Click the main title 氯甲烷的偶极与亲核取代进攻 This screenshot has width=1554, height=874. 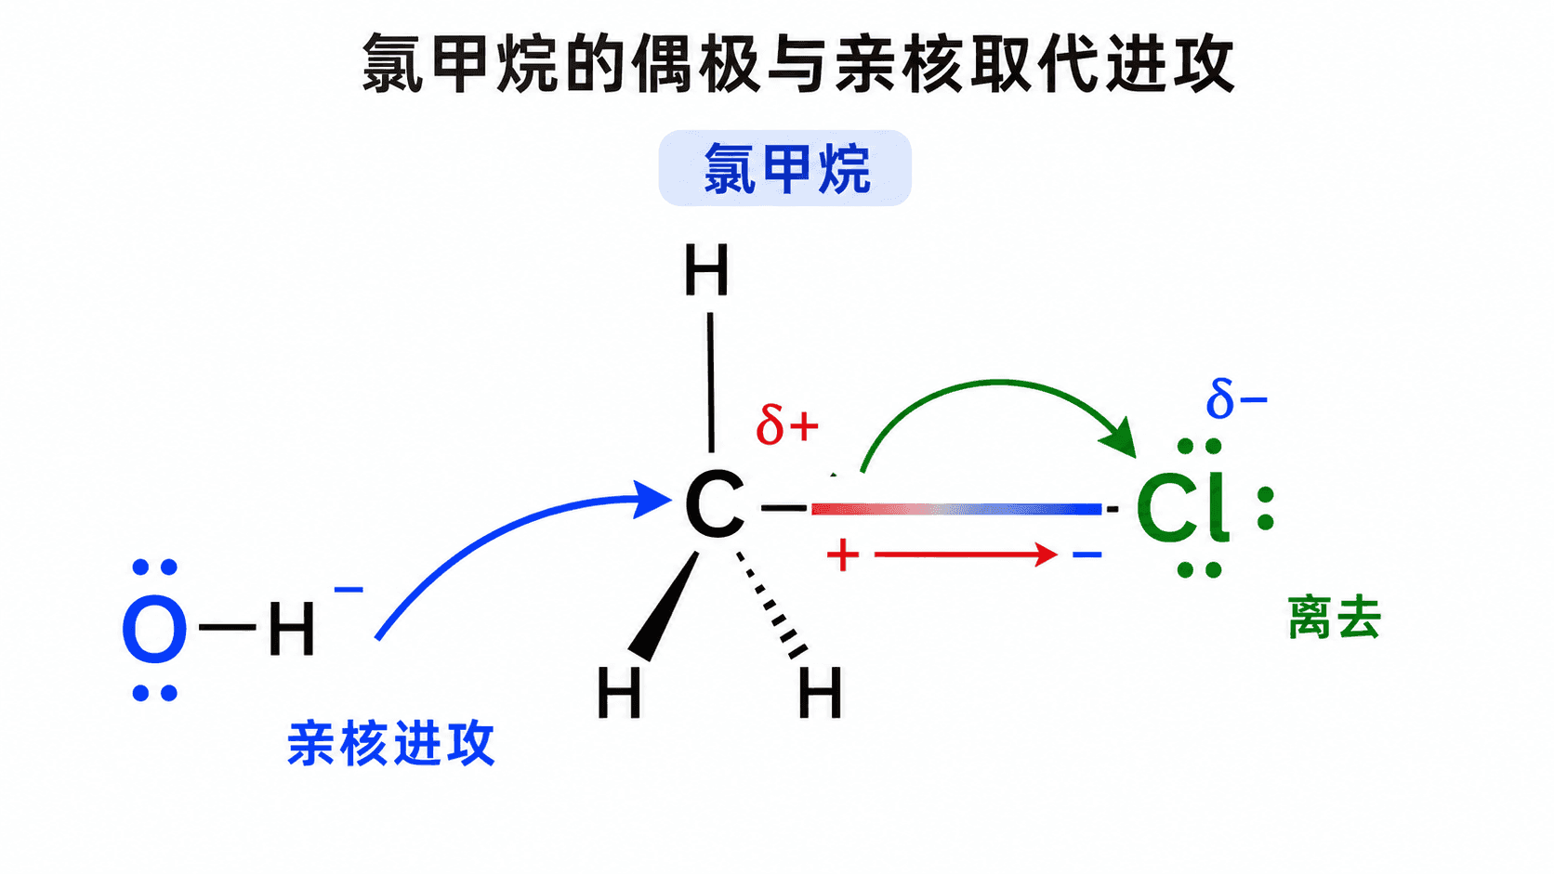coord(797,63)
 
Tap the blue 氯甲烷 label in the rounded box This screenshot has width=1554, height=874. coord(786,168)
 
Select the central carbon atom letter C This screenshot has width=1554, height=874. coord(715,504)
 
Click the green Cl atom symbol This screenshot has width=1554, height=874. coord(1183,507)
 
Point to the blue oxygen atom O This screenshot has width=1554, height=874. coord(154,630)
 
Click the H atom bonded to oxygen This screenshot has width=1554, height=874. coord(292,630)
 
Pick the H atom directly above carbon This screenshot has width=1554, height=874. coord(706,269)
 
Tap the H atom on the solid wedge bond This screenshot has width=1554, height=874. coord(620,692)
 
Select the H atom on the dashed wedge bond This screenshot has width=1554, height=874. coord(820,692)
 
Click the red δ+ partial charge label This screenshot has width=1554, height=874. coord(787,424)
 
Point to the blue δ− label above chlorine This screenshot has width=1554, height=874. coord(1237,398)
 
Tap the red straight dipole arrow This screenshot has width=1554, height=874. coord(966,554)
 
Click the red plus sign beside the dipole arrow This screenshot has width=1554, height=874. coord(843,555)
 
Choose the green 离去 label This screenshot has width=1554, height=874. coord(1334,618)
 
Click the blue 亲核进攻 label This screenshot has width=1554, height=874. coord(391,744)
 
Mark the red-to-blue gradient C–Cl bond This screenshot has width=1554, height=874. coord(956,509)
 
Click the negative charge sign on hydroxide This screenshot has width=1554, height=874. coord(349,590)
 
